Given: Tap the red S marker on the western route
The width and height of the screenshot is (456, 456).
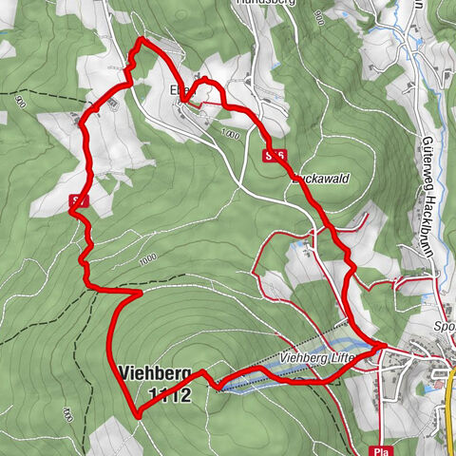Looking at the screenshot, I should tap(80, 200).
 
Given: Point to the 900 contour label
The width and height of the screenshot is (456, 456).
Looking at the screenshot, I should tap(20, 102).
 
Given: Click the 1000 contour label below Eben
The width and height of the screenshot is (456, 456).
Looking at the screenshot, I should tap(228, 136).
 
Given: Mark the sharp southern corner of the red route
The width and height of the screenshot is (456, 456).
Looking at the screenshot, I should tap(139, 415).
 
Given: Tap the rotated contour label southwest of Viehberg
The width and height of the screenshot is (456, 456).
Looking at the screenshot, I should tap(67, 412).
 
